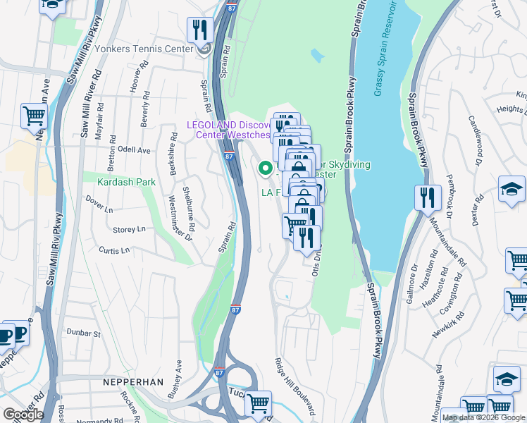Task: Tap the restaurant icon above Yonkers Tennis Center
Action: click(200, 30)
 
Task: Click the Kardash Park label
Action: click(127, 182)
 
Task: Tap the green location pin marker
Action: click(266, 168)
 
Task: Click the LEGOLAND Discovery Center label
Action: click(228, 130)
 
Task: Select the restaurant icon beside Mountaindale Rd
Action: click(427, 198)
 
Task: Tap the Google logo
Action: click(23, 415)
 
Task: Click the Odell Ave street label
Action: click(134, 150)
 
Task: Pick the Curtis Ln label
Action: click(114, 250)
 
